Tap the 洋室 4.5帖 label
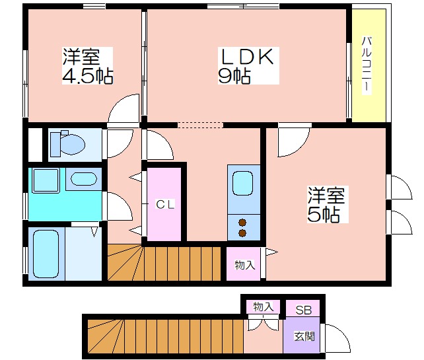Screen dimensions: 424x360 [x=88, y=66]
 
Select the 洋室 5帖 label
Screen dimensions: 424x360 [x=326, y=205]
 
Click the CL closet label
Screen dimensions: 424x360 [x=165, y=205]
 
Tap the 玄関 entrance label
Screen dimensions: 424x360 [x=304, y=336]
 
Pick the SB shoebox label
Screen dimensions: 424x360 [x=303, y=310]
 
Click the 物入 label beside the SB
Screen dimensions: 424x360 [x=263, y=306]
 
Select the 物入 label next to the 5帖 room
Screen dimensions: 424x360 [x=245, y=265]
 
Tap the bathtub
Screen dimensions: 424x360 [x=46, y=254]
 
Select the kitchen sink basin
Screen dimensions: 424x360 [x=243, y=184]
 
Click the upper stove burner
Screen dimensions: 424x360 [x=242, y=223]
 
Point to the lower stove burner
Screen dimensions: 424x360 [x=242, y=233]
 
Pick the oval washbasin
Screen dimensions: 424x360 [x=84, y=179]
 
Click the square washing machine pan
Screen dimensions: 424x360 [x=46, y=180]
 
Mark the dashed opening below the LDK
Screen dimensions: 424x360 [x=200, y=125]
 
